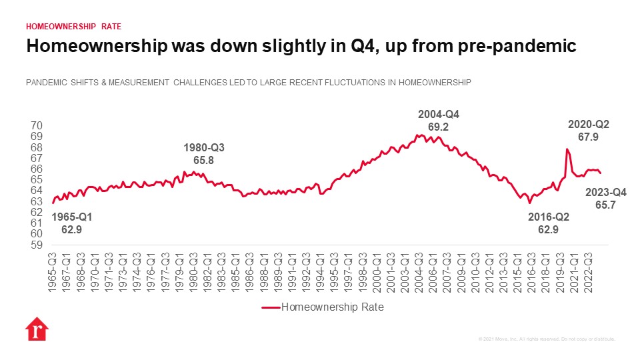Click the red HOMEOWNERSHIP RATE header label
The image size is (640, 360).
[x=73, y=27]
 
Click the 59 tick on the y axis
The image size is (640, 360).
[x=37, y=245]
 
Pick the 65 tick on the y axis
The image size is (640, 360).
[x=37, y=180]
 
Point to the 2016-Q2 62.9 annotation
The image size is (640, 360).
[x=548, y=223]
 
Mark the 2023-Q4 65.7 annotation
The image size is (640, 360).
[x=605, y=199]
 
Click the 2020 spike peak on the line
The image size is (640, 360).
[x=567, y=149]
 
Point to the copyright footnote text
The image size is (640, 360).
[x=546, y=339]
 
